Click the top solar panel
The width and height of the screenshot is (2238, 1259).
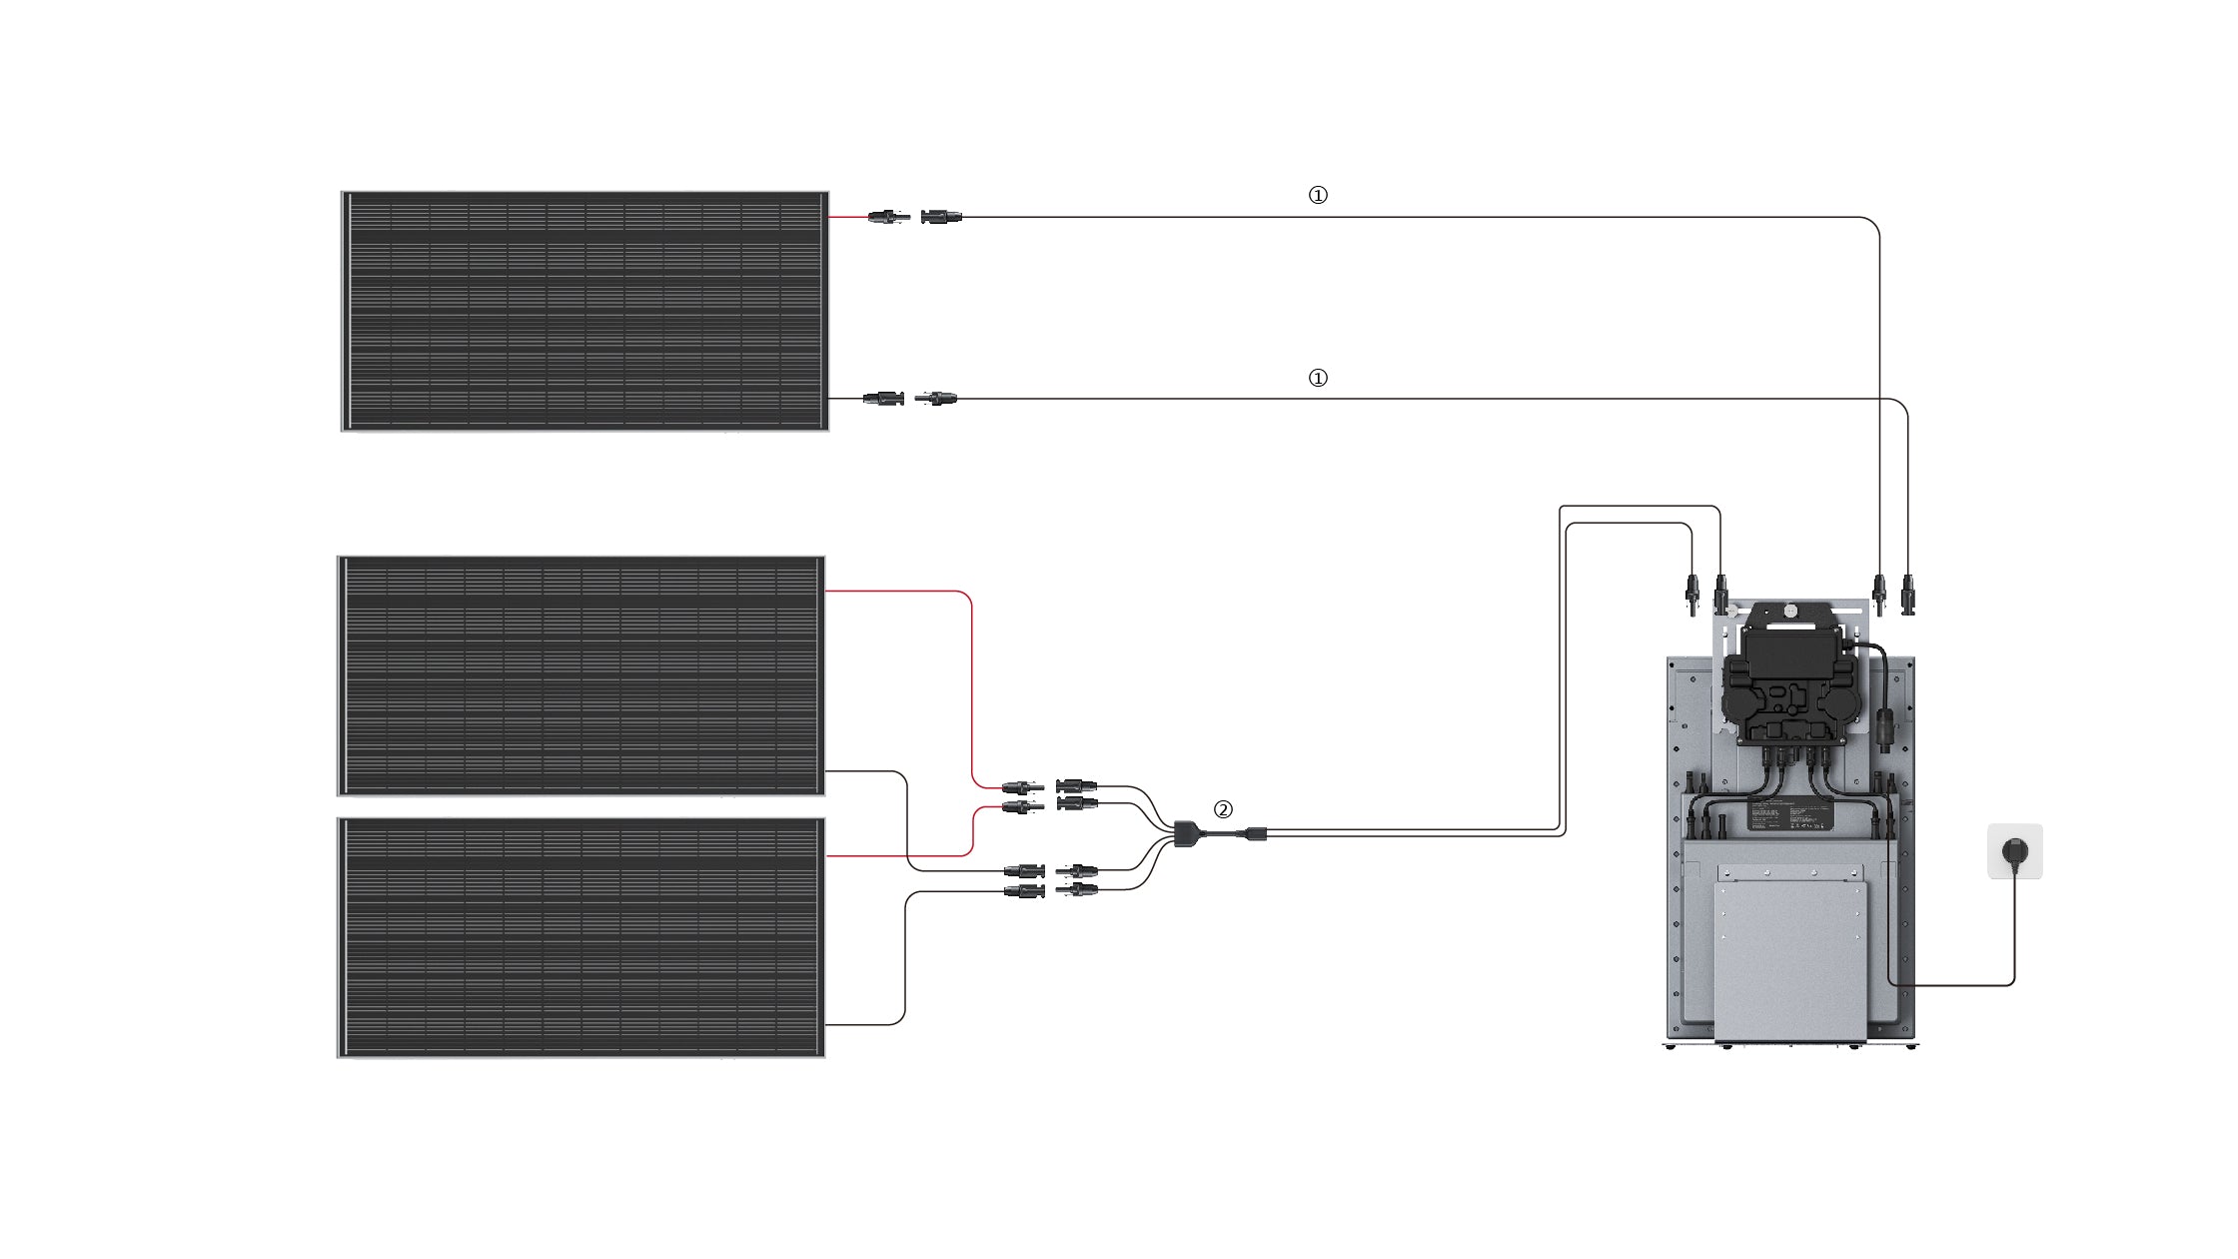(x=584, y=311)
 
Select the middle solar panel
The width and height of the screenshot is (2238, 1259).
(x=580, y=675)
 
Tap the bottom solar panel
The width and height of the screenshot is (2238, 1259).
(x=580, y=937)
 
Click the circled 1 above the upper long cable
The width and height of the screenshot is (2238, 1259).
(x=1318, y=196)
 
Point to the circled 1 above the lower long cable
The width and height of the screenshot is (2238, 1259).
(x=1318, y=379)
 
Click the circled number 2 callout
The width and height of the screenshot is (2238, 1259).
(x=1223, y=809)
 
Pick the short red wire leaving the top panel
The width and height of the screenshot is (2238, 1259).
(x=847, y=217)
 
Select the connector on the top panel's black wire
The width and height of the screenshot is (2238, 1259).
(x=883, y=399)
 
